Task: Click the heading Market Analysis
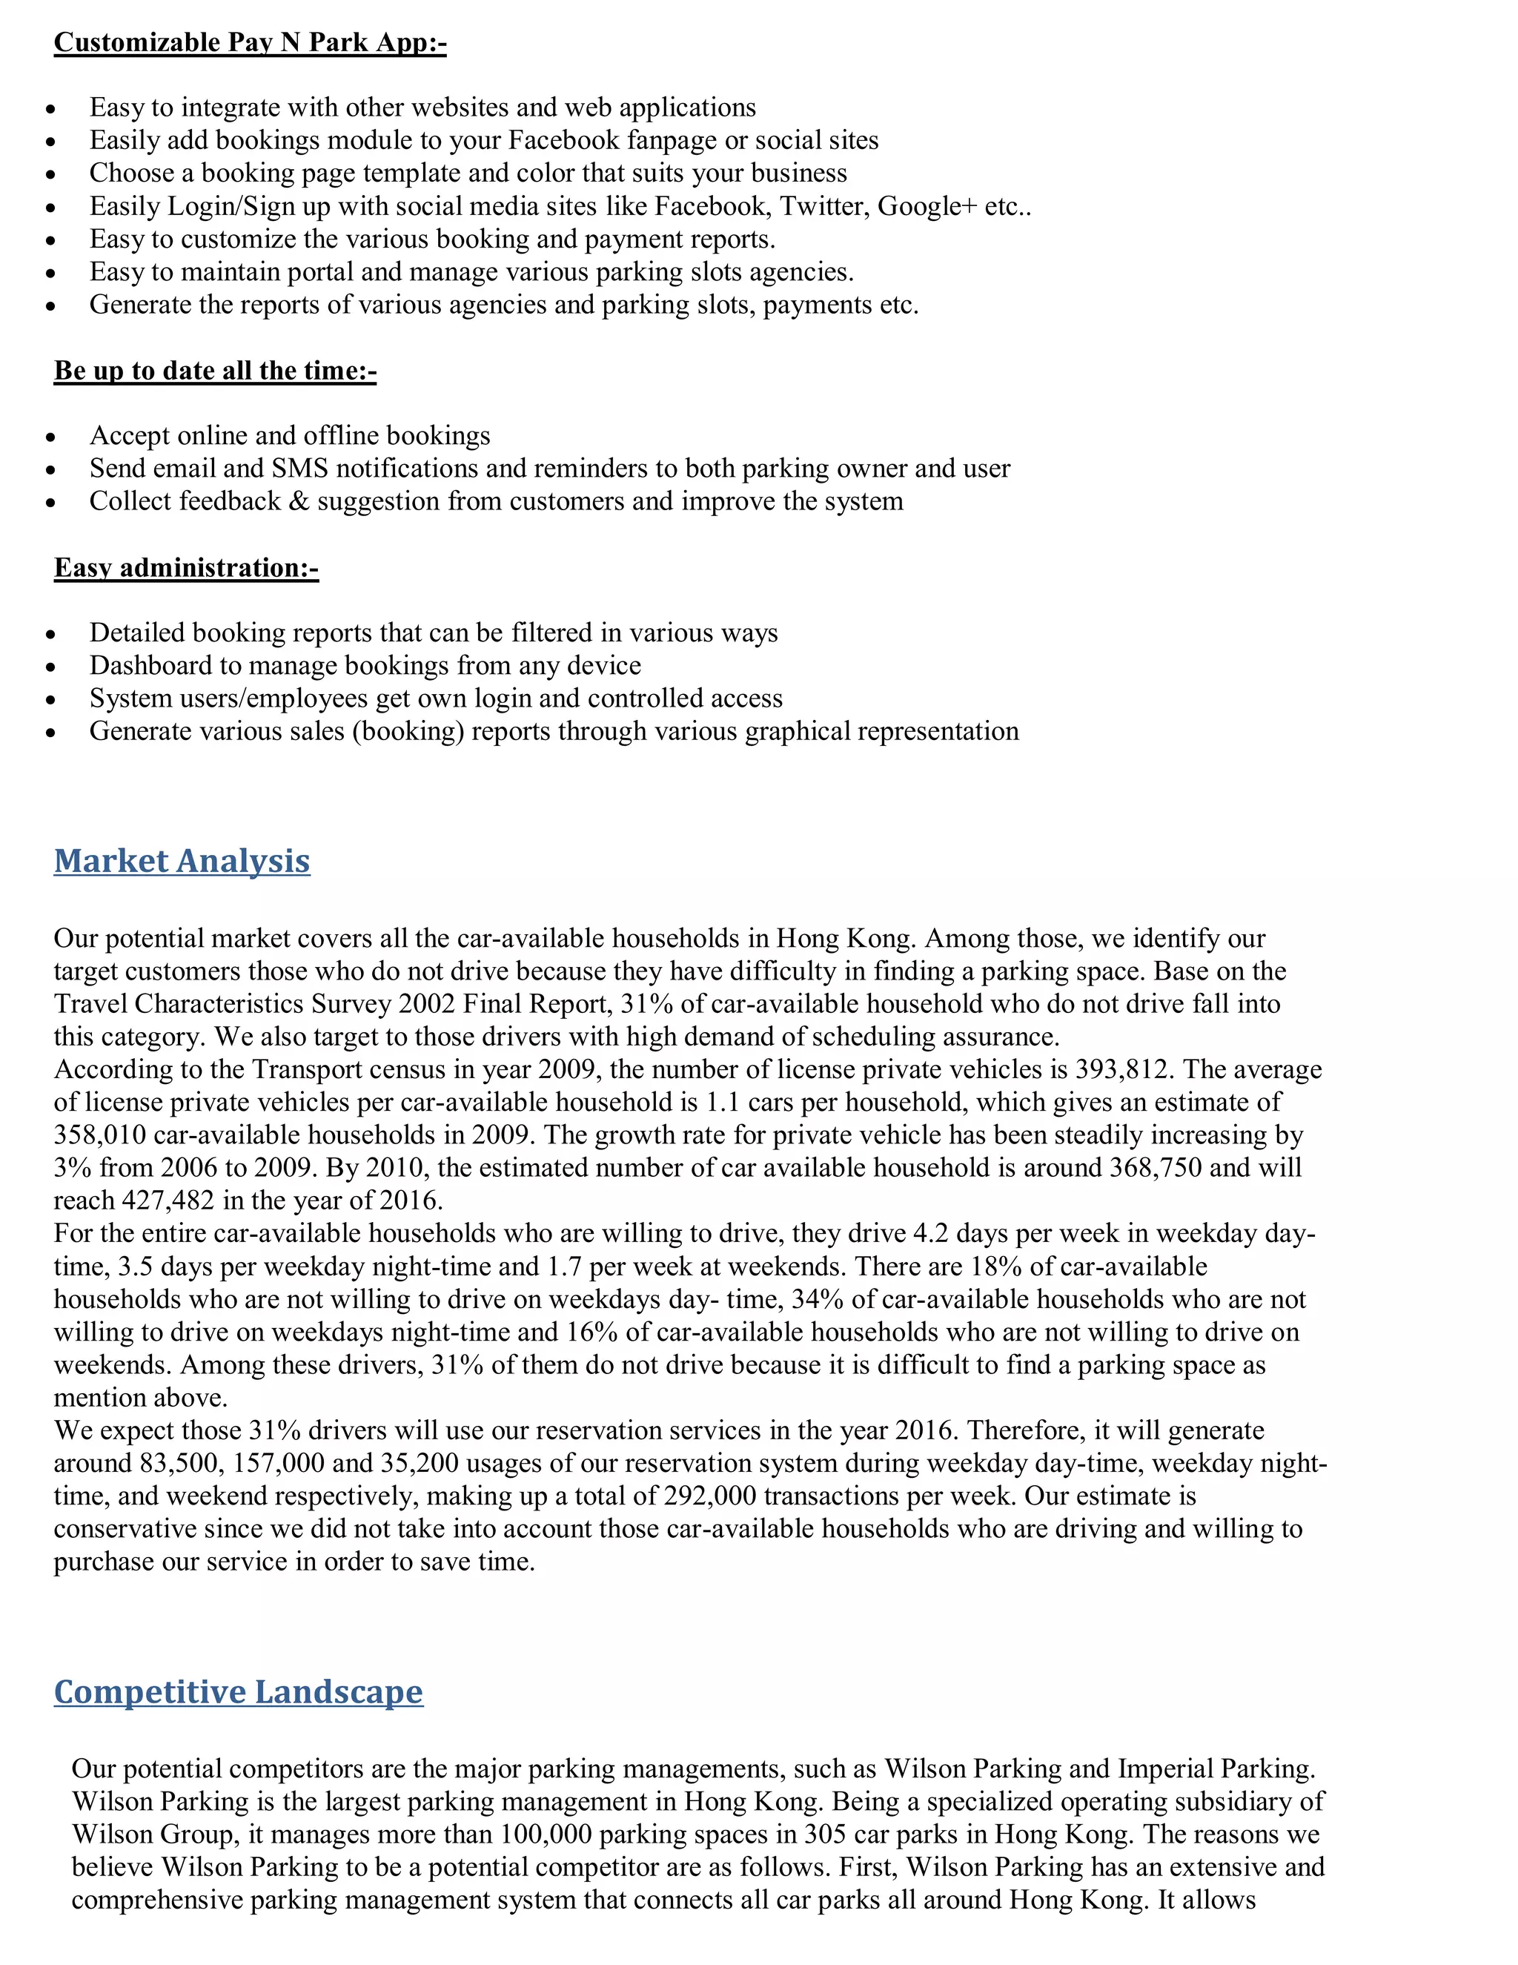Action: (182, 861)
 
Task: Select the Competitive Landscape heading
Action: (239, 1692)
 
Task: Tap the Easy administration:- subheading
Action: (186, 568)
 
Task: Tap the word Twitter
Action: (821, 206)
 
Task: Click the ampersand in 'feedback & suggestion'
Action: (299, 501)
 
